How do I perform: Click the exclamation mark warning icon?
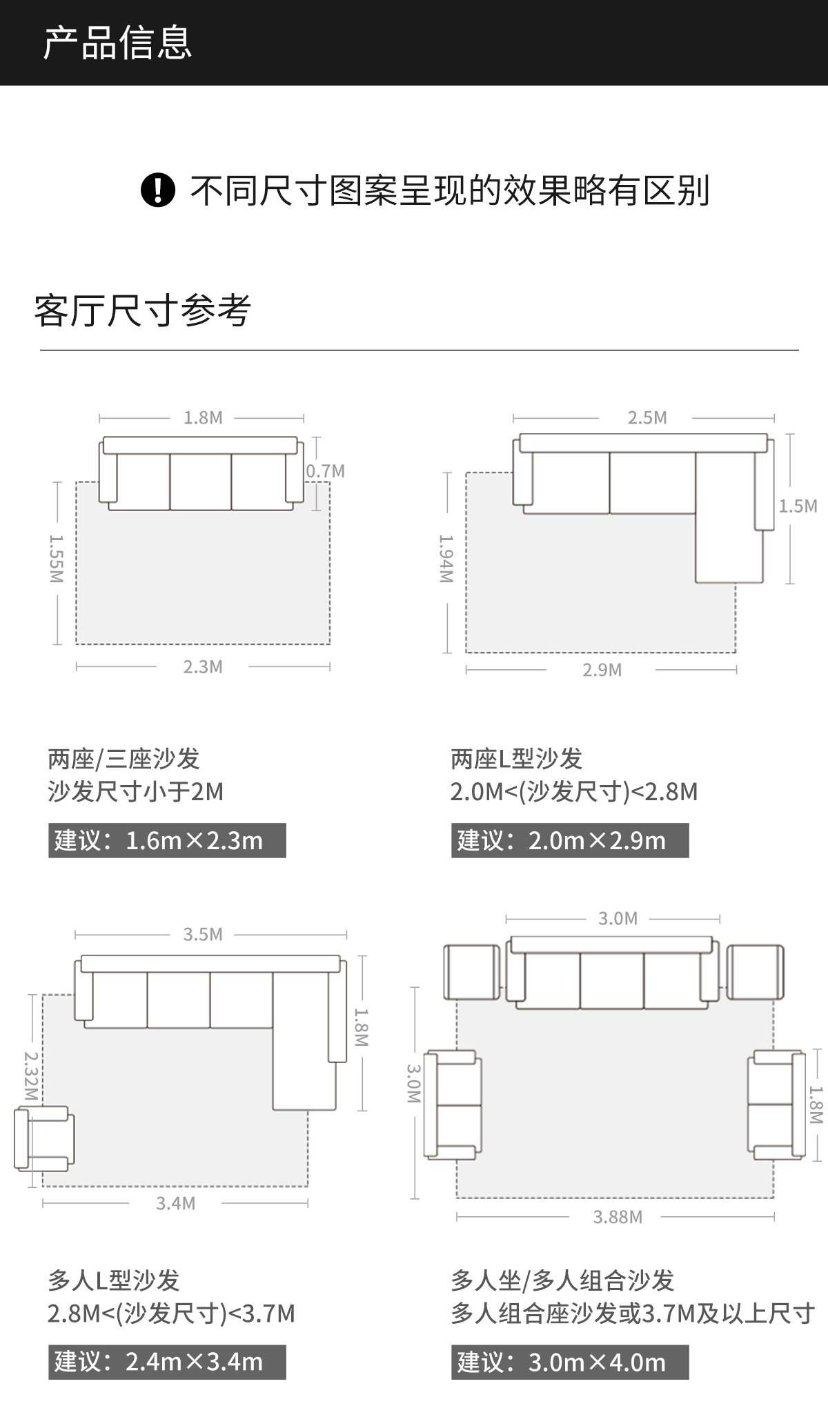coord(157,190)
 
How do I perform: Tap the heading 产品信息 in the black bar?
coord(117,43)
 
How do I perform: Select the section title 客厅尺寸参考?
coord(142,310)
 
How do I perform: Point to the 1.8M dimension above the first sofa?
coord(203,418)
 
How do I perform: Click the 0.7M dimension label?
coord(325,471)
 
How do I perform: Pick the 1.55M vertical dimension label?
coord(57,559)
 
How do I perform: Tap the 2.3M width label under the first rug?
coord(203,667)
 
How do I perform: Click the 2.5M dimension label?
coord(647,418)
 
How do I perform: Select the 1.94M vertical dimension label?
coord(446,559)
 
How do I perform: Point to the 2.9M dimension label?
coord(602,670)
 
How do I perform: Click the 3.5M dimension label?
coord(203,935)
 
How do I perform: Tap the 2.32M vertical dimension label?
coord(32,1075)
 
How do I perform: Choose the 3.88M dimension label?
coord(618,1217)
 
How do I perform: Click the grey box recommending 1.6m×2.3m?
coord(167,840)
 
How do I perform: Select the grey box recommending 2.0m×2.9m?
coord(570,840)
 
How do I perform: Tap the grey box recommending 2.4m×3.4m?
coord(167,1362)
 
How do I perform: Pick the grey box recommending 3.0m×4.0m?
coord(570,1362)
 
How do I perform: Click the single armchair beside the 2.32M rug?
coord(44,1138)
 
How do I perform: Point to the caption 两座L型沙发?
coord(516,759)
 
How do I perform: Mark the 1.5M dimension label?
coord(798,506)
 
